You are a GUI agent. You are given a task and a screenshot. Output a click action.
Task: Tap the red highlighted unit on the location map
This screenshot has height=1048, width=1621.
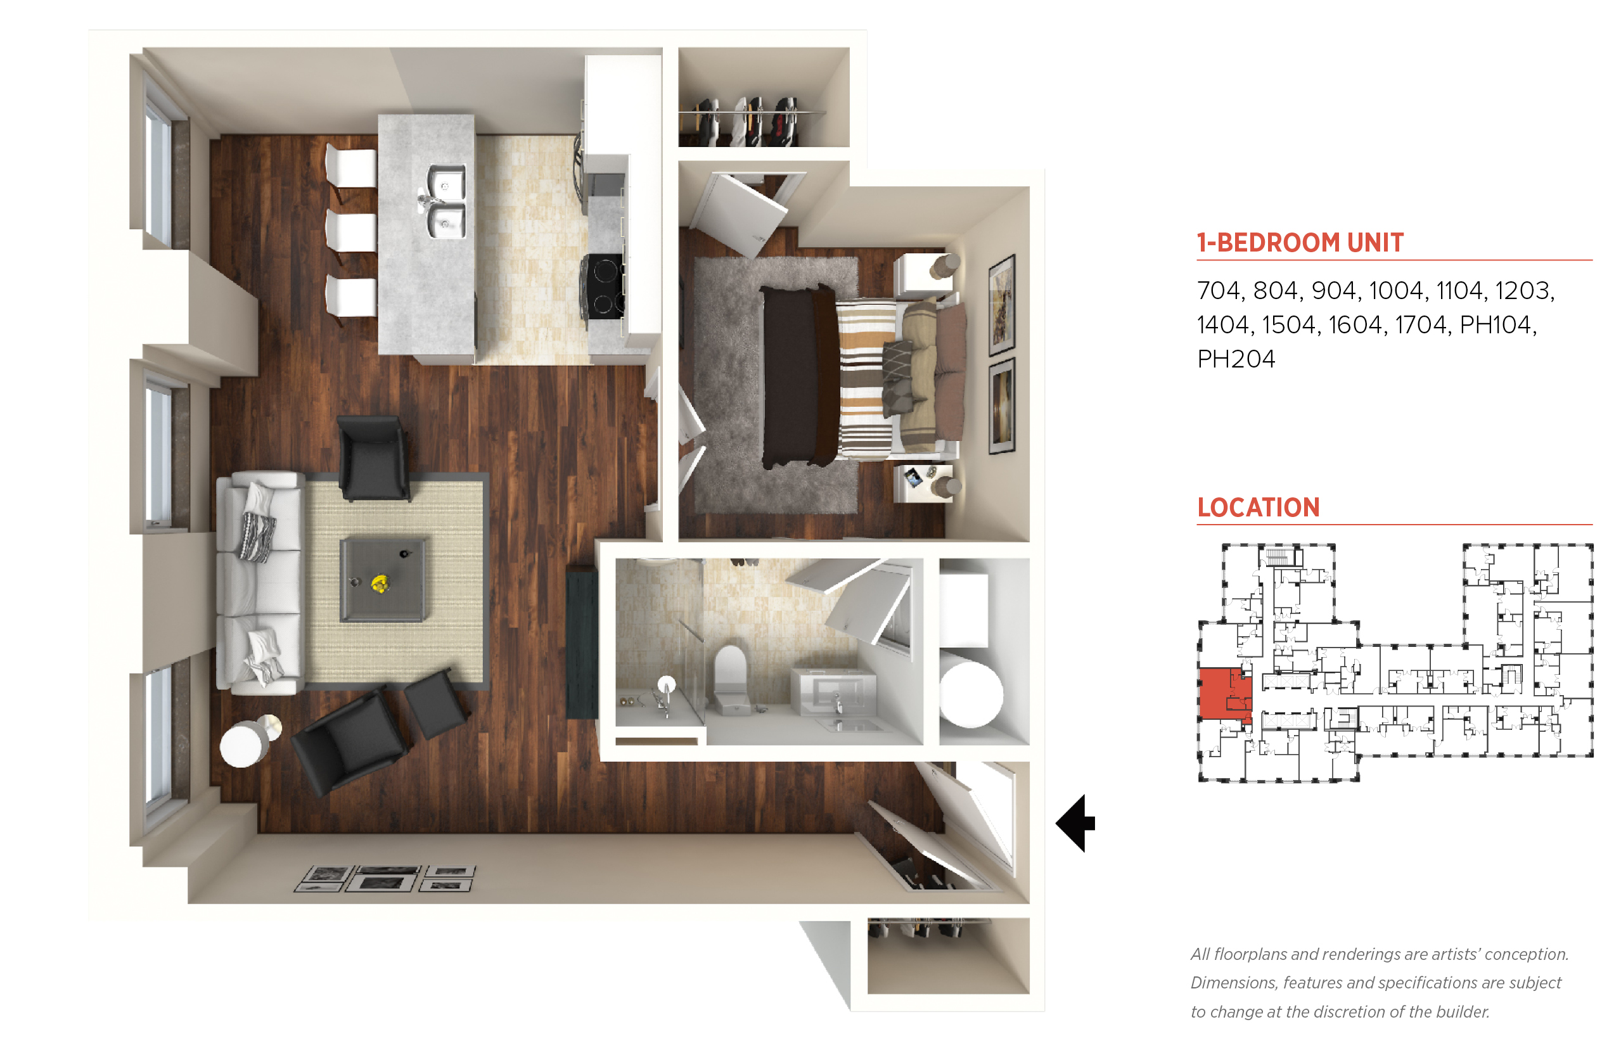click(1223, 693)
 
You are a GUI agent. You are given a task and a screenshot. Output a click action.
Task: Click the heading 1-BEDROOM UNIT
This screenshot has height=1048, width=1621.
click(1300, 242)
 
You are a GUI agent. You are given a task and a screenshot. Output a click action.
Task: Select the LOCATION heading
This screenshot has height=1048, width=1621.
click(1258, 507)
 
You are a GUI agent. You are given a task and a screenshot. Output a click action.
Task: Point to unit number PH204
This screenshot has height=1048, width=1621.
click(1236, 359)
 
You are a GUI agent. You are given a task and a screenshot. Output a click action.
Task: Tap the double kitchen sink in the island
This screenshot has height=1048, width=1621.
click(445, 201)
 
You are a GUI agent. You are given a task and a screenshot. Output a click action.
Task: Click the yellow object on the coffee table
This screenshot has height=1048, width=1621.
click(379, 583)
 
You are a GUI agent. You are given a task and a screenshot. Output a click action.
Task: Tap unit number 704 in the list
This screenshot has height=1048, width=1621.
click(1219, 291)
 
